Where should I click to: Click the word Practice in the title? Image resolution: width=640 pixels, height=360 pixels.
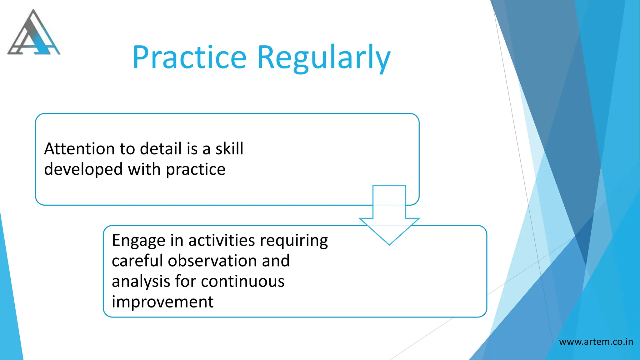(189, 57)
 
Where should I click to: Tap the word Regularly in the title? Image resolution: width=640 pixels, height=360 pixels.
(324, 58)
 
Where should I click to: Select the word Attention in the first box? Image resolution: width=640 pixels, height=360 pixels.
(79, 149)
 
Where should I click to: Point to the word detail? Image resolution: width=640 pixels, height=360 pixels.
(161, 149)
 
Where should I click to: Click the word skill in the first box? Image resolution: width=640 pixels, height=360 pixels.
(229, 149)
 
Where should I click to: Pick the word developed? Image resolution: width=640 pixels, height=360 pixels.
(83, 170)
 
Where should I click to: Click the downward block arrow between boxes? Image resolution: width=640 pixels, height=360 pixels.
(389, 216)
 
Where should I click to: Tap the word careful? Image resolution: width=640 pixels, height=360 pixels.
(137, 261)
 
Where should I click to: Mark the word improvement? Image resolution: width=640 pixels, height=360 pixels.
(162, 302)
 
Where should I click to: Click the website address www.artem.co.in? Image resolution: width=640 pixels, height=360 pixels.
(596, 342)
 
